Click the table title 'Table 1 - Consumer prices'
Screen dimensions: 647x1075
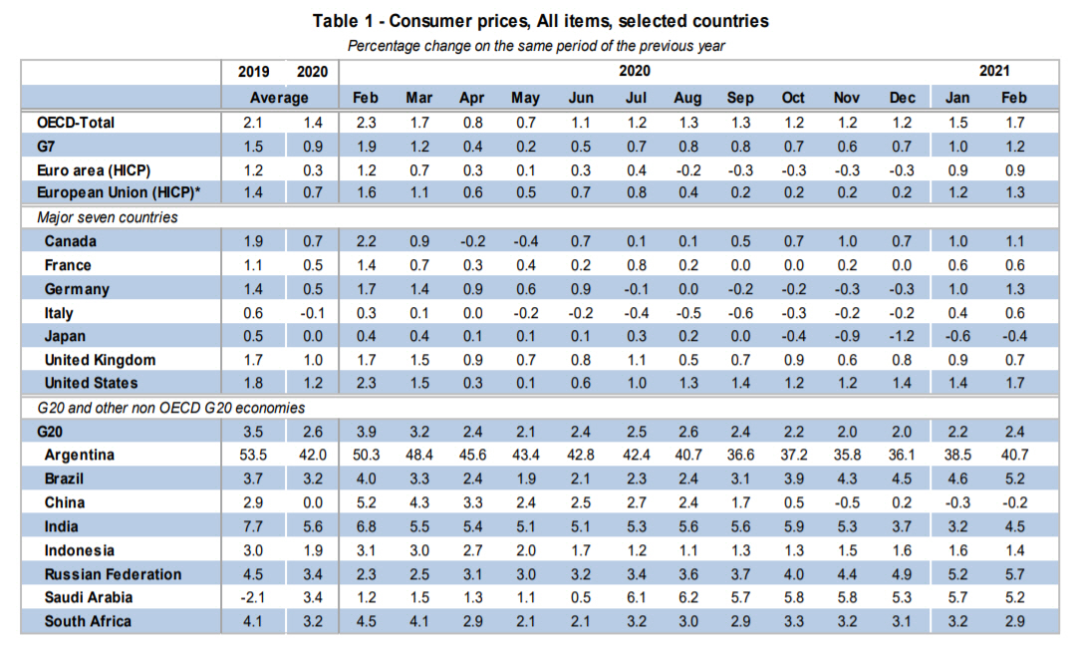point(540,20)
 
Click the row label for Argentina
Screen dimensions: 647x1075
point(80,455)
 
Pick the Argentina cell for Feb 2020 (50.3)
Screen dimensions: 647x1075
point(365,455)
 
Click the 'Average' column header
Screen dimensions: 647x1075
point(279,98)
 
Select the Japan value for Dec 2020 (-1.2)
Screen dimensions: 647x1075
point(902,336)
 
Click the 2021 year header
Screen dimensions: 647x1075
point(993,72)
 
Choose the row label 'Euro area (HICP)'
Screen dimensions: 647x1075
point(94,169)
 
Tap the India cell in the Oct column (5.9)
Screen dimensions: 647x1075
point(793,526)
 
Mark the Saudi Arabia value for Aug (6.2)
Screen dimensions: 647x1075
point(687,597)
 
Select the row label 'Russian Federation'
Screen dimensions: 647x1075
point(113,574)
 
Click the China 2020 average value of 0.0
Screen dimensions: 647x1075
point(312,502)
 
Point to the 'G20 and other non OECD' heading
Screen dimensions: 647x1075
point(170,407)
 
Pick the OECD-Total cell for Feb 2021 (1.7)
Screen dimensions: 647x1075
point(1013,123)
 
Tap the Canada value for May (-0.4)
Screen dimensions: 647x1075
point(525,241)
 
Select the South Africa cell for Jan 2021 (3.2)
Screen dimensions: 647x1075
point(957,621)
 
